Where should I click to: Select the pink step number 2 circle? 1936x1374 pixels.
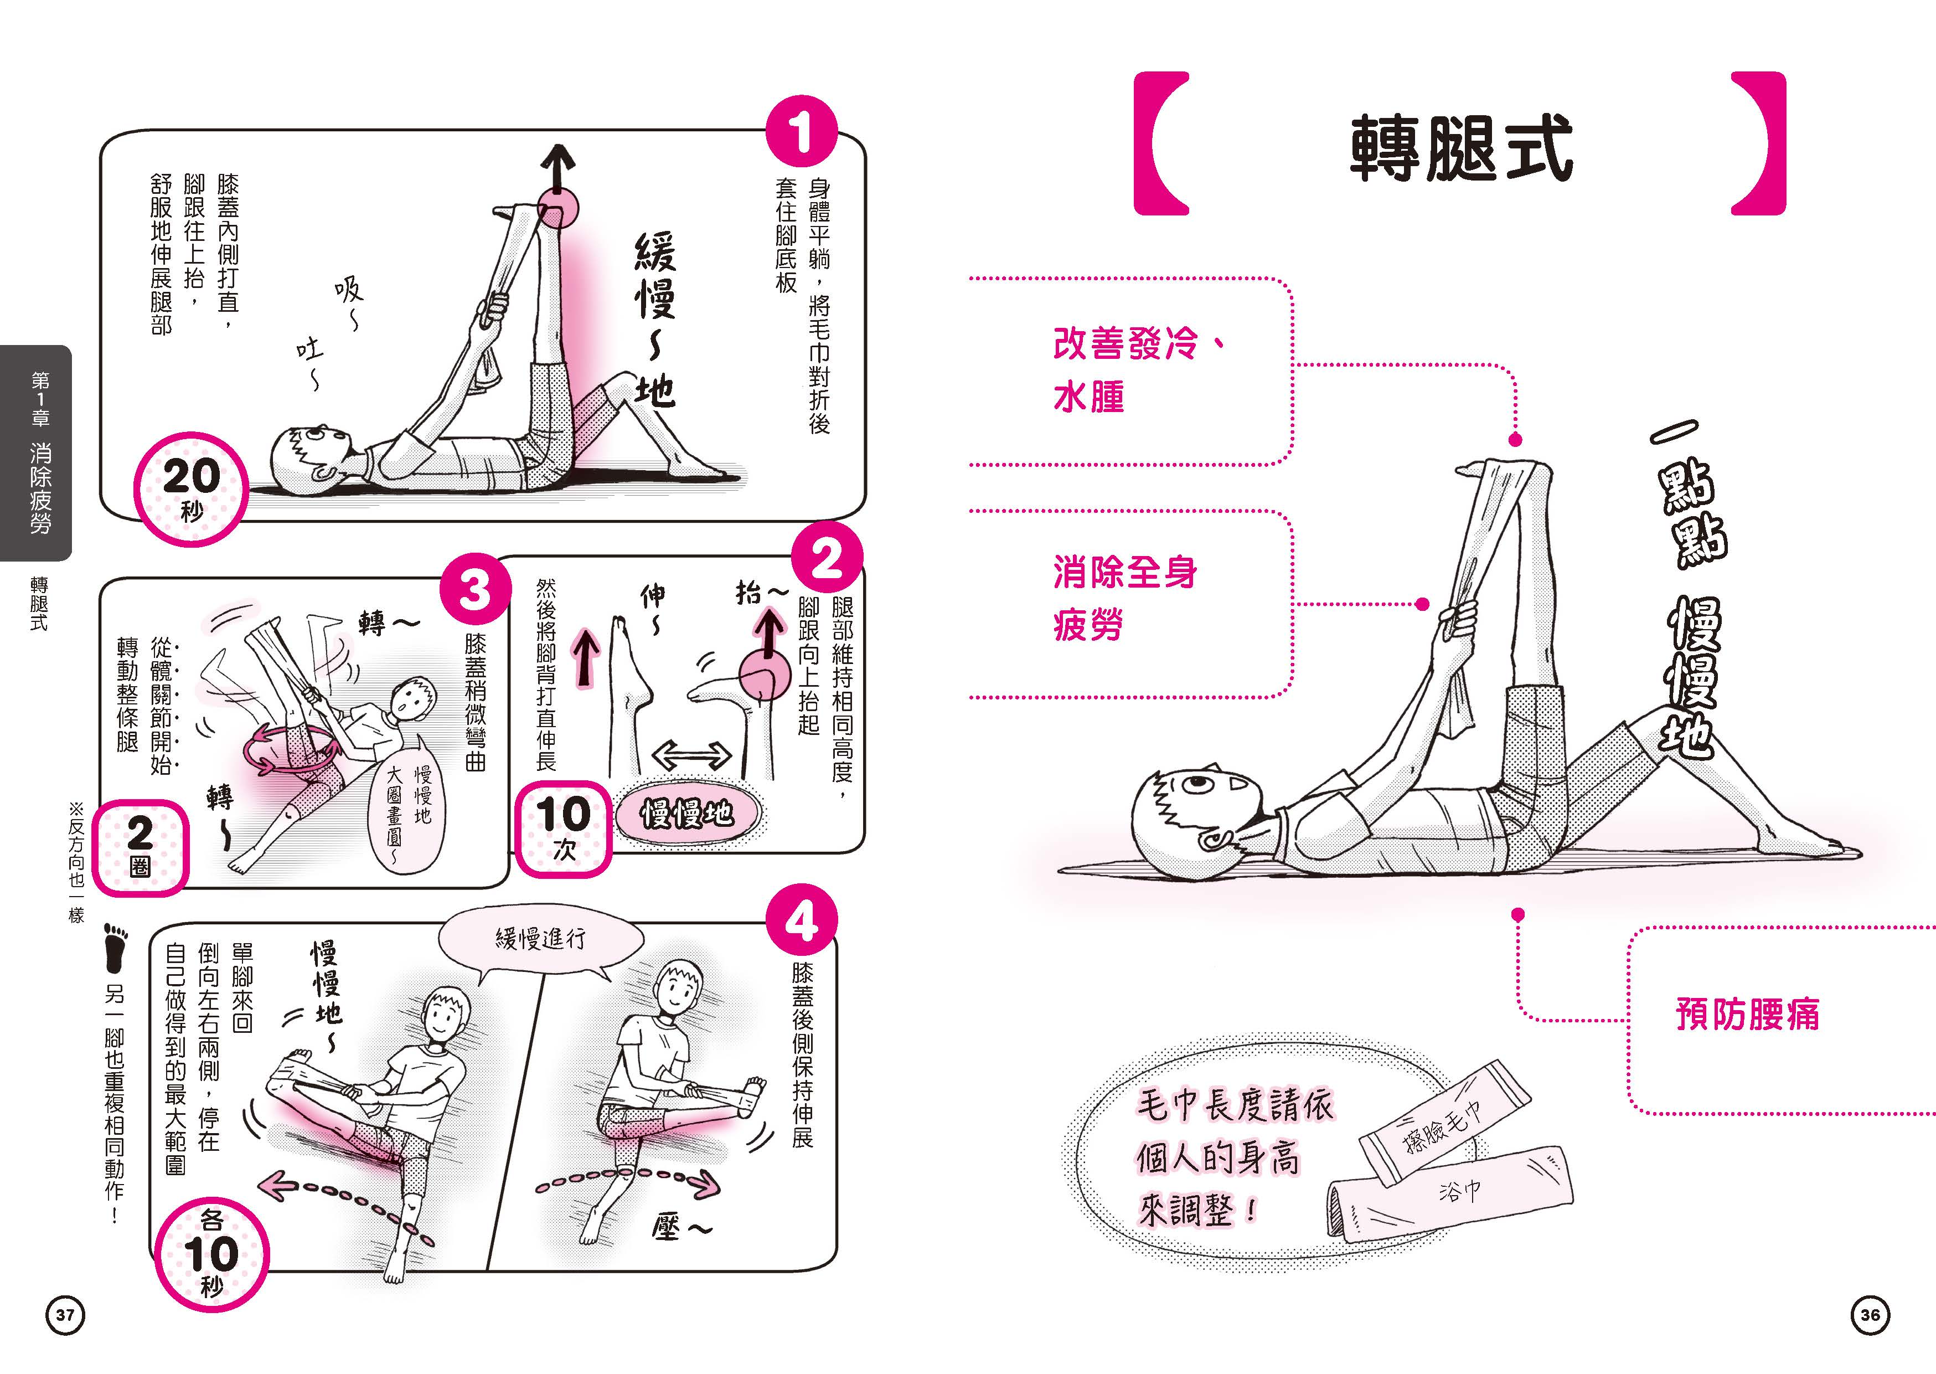pyautogui.click(x=827, y=559)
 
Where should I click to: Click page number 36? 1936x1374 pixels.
pyautogui.click(x=1870, y=1314)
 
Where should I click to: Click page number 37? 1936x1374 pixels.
pyautogui.click(x=65, y=1314)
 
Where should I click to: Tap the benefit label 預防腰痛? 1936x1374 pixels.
pyautogui.click(x=1747, y=1013)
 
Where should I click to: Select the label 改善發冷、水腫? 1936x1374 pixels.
pyautogui.click(x=1133, y=370)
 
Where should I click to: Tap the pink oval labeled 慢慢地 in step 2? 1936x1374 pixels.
pyautogui.click(x=687, y=814)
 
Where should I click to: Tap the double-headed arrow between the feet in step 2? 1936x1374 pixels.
pyautogui.click(x=692, y=754)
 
